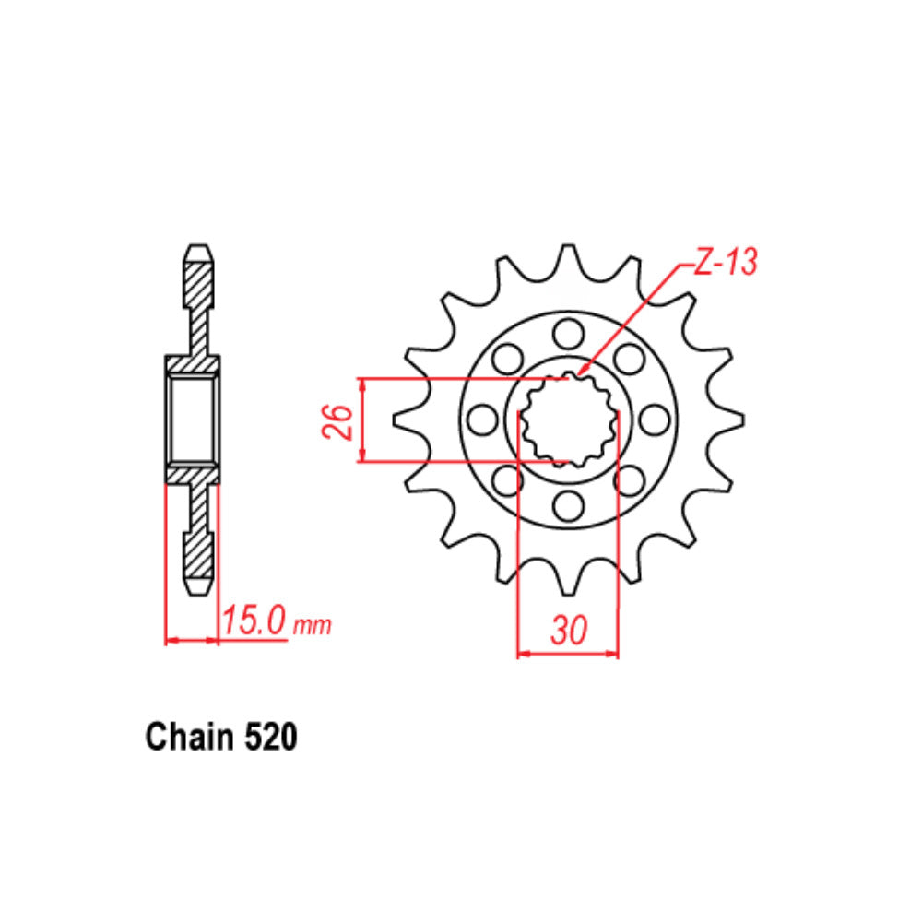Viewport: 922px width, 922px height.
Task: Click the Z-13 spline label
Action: coord(724,264)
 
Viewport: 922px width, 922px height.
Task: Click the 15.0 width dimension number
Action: coord(254,621)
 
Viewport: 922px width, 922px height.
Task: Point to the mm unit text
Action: coord(312,626)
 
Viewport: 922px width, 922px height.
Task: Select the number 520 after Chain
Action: coord(271,738)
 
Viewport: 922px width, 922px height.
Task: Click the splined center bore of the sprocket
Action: coord(567,420)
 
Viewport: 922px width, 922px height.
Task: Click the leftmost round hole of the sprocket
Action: coord(480,420)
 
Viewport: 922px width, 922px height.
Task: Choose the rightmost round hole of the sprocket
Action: coord(654,420)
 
